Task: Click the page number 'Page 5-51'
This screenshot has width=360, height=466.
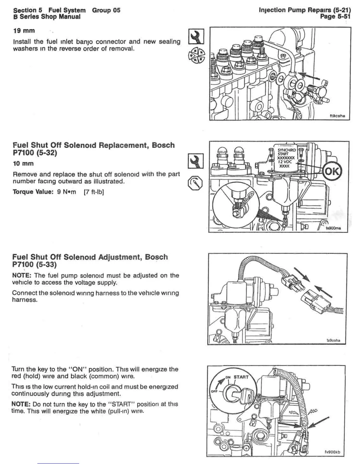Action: click(x=335, y=16)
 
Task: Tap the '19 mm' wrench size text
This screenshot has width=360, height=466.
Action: click(x=24, y=31)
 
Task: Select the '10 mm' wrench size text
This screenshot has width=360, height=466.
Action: click(x=23, y=164)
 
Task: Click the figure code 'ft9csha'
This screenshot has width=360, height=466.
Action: click(x=337, y=116)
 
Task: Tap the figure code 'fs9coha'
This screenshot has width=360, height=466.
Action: click(x=333, y=340)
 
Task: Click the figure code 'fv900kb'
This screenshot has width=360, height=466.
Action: click(x=332, y=460)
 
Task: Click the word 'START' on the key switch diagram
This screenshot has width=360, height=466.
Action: click(x=241, y=377)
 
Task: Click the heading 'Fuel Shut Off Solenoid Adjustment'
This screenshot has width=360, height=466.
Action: click(x=90, y=257)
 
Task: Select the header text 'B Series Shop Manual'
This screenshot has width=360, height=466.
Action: click(x=47, y=17)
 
